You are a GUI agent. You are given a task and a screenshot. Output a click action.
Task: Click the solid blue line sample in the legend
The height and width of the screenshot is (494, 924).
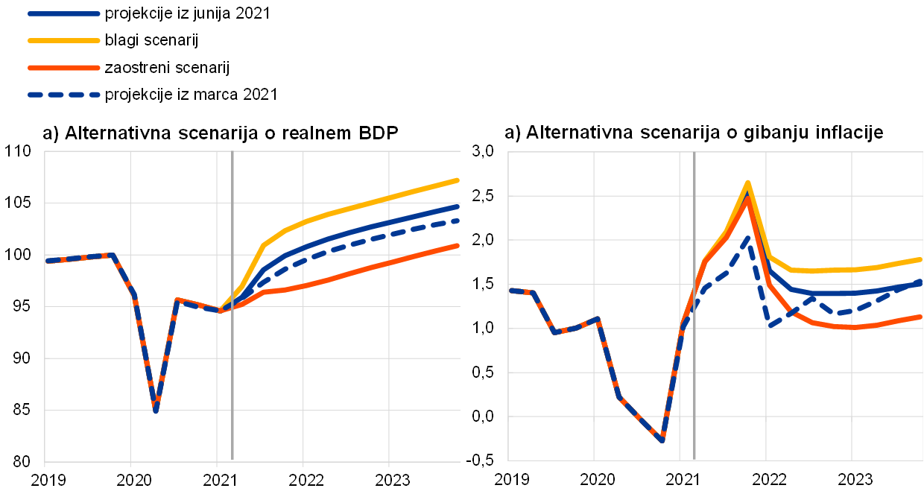coord(64,13)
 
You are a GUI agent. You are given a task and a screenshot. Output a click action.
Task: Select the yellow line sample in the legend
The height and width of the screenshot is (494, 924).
coord(64,40)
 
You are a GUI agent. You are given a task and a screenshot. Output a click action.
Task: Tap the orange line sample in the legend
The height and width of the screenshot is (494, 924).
coord(64,68)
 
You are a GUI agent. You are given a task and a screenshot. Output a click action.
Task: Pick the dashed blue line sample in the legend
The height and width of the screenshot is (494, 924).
coord(64,95)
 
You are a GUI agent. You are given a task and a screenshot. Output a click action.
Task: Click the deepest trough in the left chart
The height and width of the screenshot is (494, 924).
coord(156,411)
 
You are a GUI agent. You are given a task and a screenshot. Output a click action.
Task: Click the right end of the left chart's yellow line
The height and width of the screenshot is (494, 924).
coord(457,180)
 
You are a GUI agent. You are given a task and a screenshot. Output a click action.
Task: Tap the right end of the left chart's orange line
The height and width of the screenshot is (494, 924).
coord(457,245)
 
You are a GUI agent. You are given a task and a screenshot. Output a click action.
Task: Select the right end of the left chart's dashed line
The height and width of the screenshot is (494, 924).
coord(457,221)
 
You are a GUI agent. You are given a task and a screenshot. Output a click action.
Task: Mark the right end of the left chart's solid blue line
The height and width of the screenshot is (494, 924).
coord(457,206)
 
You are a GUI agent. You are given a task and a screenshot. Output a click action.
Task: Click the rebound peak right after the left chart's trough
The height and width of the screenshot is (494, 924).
coord(177,300)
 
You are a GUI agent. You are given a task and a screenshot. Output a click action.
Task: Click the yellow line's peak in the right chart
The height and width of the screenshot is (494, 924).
coord(747,183)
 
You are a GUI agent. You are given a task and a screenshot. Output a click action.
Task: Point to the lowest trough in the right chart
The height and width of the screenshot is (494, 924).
coord(662,440)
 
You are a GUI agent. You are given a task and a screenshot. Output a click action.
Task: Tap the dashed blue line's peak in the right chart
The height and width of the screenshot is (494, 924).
coord(747,238)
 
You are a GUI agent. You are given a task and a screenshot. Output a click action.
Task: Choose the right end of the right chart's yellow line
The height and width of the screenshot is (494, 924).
coord(921,259)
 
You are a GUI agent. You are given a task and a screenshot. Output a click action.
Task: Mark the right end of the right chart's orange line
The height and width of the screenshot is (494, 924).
coord(921,317)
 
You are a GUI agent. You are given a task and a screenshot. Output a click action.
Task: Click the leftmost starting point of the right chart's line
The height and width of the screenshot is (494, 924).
coord(510,290)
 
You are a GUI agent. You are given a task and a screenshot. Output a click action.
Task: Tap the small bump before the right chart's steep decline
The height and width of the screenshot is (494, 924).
coord(598,319)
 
